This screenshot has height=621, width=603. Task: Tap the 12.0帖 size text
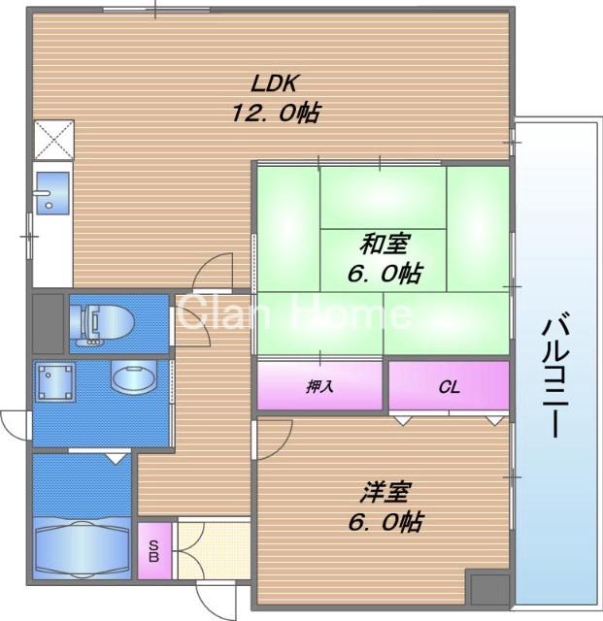276,113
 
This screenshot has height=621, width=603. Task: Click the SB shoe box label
153,551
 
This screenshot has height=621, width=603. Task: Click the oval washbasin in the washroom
133,376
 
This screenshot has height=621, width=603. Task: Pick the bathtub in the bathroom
81,545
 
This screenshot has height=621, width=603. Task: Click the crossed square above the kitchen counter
51,138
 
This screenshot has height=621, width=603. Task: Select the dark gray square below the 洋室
486,589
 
